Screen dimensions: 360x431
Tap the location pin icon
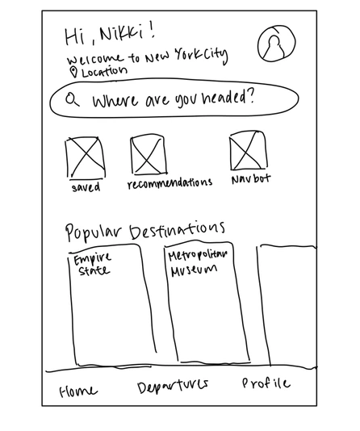(x=73, y=73)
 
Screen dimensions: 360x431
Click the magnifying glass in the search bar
(x=73, y=99)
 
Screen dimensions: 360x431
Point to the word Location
(x=104, y=72)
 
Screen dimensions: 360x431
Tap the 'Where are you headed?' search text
(x=173, y=98)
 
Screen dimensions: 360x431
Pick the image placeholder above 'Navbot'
(x=248, y=151)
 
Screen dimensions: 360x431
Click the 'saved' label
(x=86, y=187)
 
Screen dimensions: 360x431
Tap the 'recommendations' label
(x=170, y=183)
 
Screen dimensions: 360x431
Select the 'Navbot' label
(x=251, y=179)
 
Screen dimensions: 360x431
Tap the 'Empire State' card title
(x=93, y=265)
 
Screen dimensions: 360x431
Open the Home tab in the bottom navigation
(x=78, y=391)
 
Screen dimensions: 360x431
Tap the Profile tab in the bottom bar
(x=266, y=383)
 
